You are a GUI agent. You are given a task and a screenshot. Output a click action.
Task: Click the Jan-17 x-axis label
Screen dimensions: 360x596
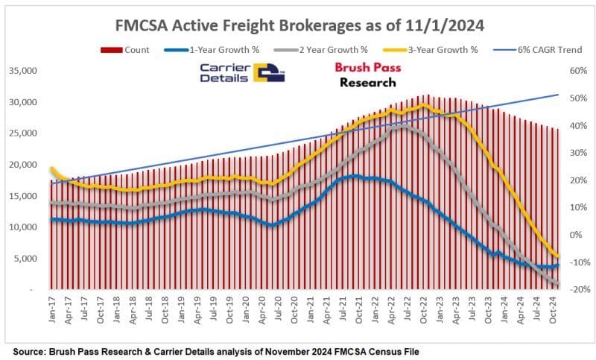[52, 306]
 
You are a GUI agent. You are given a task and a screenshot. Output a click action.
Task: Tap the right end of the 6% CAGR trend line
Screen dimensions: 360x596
[559, 95]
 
